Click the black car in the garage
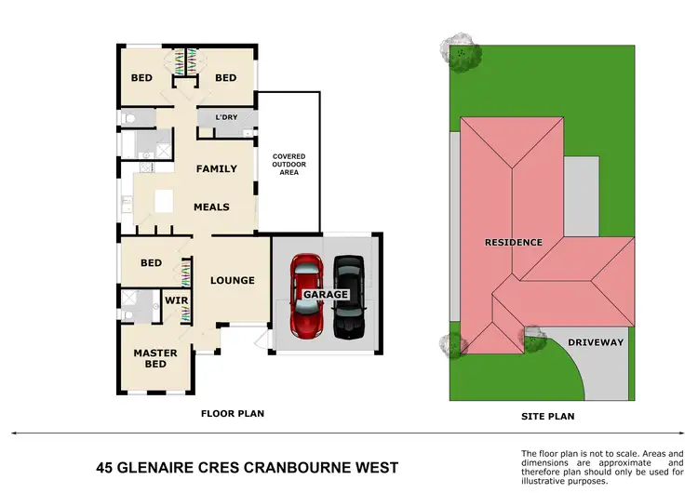[x=349, y=295]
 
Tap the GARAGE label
[x=325, y=294]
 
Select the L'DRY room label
[x=226, y=117]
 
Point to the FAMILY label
[x=216, y=169]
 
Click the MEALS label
[x=211, y=207]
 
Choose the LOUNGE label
[x=233, y=280]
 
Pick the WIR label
[x=177, y=301]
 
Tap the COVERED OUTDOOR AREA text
[x=289, y=165]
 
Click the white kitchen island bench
[x=165, y=201]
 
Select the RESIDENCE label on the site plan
[x=513, y=243]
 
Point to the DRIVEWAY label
[x=597, y=342]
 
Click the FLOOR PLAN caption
[x=233, y=412]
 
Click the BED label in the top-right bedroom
[x=226, y=78]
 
